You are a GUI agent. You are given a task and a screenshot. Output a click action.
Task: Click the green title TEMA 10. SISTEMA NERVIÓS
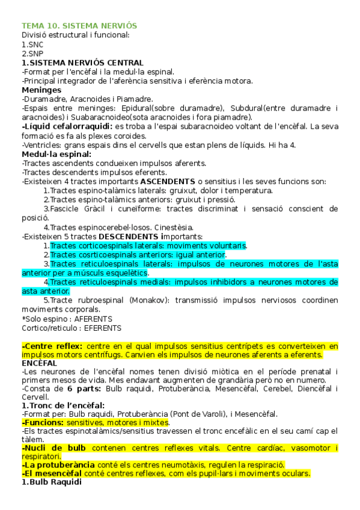[x=79, y=26]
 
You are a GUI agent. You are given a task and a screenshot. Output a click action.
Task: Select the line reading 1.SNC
[x=32, y=45]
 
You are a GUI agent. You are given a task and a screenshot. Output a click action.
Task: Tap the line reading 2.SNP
[x=32, y=54]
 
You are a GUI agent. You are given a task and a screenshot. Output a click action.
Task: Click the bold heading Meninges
[x=41, y=90]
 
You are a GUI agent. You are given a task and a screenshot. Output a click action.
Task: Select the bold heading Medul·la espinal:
[x=56, y=154]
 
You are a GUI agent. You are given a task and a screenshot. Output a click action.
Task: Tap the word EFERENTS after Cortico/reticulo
[x=103, y=328]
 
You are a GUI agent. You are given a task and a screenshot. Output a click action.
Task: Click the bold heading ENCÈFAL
[x=39, y=363]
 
